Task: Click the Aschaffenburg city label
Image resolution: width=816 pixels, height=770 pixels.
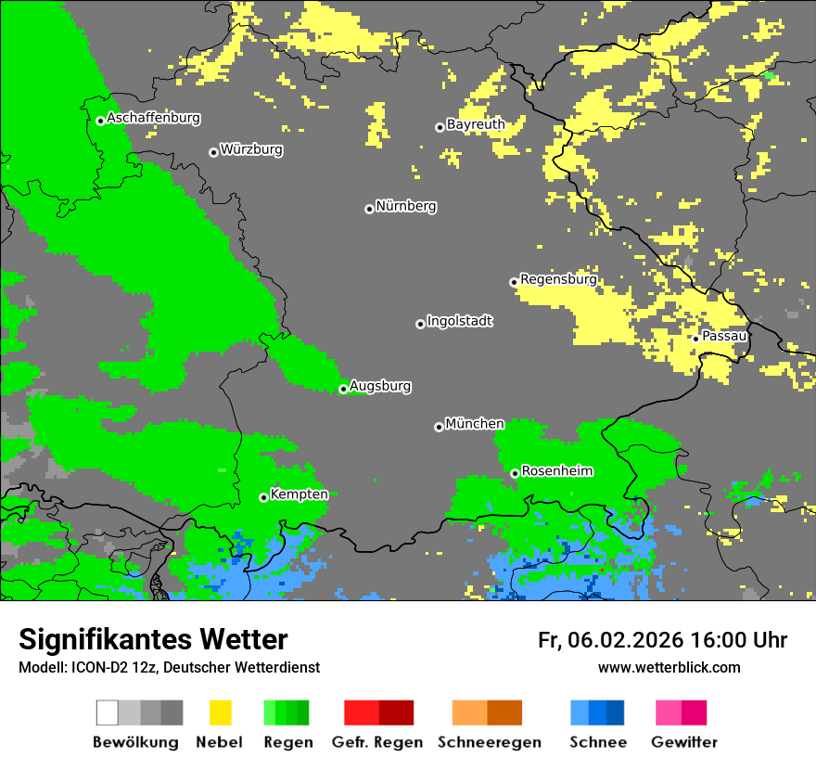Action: pos(153,118)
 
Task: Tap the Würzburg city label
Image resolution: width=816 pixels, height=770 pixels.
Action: pos(251,149)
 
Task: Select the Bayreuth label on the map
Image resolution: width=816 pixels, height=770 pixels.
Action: pos(476,124)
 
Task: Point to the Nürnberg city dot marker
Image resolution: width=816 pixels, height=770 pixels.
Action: pos(369,209)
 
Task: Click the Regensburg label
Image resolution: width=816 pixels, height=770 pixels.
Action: pos(558,279)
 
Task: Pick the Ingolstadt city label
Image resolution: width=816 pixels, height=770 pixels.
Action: pos(459,321)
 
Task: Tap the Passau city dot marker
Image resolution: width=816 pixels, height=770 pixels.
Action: pos(695,339)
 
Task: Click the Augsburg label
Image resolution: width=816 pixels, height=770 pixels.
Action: pos(380,386)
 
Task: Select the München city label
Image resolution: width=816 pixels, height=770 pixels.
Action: pos(475,424)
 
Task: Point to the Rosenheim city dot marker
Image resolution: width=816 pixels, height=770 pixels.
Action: pos(515,474)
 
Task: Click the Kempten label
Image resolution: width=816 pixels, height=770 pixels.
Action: pos(299,494)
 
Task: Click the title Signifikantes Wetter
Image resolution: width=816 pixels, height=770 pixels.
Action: pos(153,639)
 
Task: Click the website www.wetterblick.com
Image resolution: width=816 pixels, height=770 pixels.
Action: pos(669,667)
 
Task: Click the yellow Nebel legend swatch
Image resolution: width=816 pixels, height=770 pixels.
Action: pos(220,712)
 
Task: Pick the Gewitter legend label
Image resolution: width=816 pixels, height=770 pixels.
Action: pos(683,742)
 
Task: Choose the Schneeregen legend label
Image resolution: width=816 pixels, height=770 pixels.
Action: pos(490,742)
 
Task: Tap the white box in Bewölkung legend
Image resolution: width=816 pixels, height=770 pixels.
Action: pos(108,712)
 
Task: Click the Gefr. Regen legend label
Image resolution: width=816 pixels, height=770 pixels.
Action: pos(376,742)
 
